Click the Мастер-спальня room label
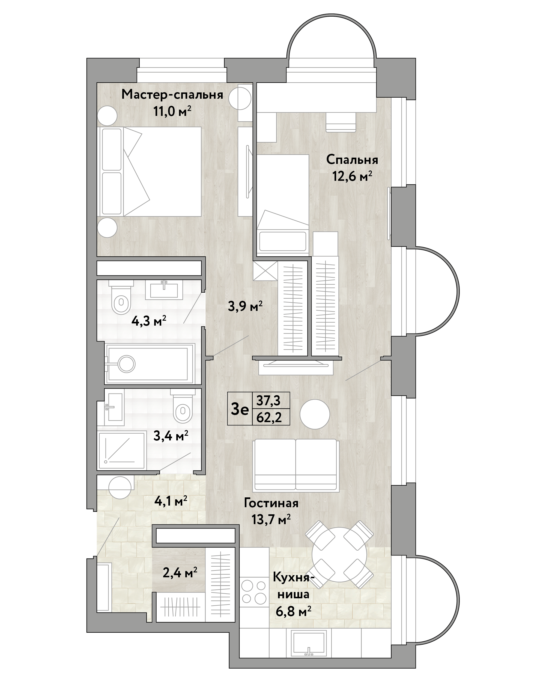click(x=172, y=95)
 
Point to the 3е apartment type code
click(x=240, y=410)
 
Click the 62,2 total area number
click(x=269, y=417)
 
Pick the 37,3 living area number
click(x=268, y=401)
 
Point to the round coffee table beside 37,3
click(x=315, y=414)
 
